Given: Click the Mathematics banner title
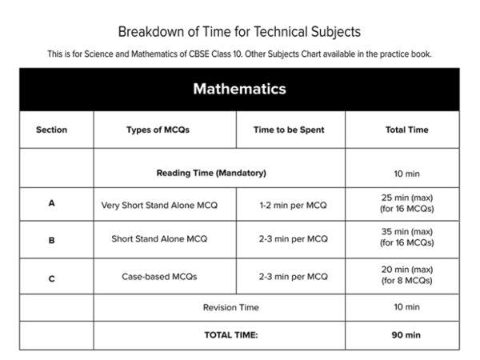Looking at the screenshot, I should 239,89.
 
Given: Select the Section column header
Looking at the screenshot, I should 51,130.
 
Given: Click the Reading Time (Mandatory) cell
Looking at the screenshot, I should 211,173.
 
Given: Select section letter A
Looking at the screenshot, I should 51,203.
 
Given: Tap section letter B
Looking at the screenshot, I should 51,238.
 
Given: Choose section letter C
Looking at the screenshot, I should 51,277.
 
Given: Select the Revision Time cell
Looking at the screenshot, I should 230,307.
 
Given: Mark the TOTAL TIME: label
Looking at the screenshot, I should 230,335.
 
